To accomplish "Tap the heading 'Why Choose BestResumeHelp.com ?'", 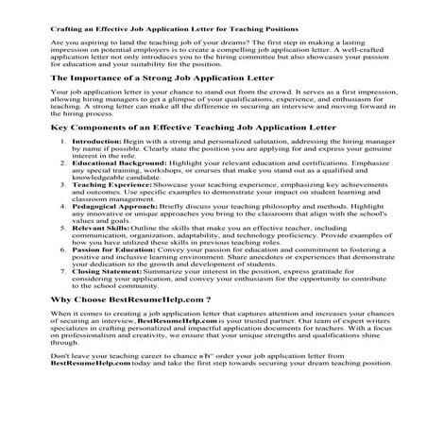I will (x=118, y=325).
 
